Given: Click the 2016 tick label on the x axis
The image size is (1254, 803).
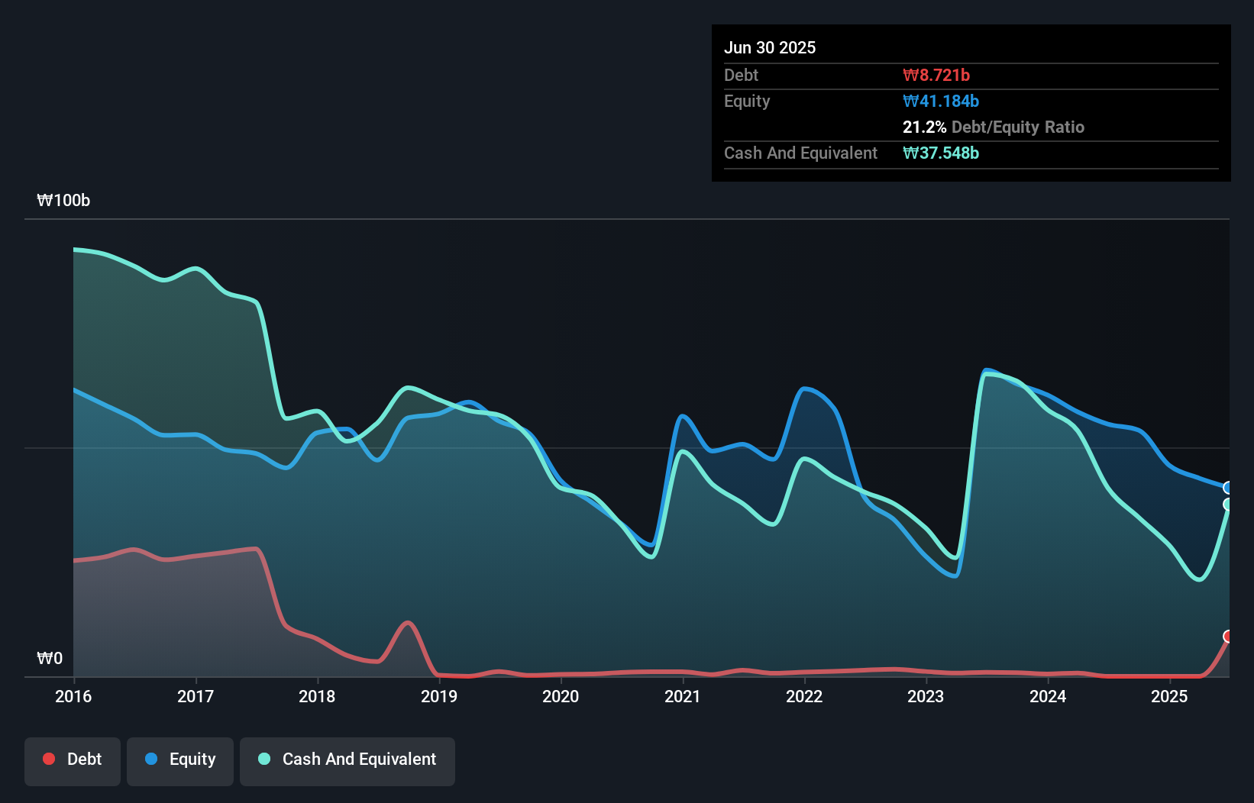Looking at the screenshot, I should click(x=73, y=696).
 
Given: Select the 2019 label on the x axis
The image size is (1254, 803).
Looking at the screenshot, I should click(x=439, y=696).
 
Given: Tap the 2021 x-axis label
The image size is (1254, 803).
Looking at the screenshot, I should click(x=682, y=696).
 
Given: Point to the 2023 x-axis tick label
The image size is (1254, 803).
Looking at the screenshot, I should click(x=926, y=696).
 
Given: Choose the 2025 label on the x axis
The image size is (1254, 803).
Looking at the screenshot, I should click(x=1169, y=696).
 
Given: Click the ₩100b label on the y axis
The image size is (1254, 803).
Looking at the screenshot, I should click(x=63, y=201).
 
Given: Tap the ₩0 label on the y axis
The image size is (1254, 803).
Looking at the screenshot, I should click(x=50, y=658).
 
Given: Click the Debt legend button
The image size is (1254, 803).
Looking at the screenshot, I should click(x=73, y=759).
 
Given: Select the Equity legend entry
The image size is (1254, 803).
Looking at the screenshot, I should click(x=180, y=759).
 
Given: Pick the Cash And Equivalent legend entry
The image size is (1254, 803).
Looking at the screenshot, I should click(x=347, y=759).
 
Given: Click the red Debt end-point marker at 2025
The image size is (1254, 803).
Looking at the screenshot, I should click(x=1228, y=637).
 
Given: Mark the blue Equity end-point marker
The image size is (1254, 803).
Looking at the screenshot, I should click(x=1228, y=488).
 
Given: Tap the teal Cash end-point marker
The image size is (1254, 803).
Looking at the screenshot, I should click(x=1228, y=505).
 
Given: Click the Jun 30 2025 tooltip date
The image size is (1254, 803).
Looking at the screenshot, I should click(x=770, y=47).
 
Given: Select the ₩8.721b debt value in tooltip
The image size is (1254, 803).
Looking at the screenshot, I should click(x=936, y=75).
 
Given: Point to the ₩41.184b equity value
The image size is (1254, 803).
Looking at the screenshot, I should click(x=941, y=101).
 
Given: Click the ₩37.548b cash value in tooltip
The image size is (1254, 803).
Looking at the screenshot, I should click(x=941, y=153).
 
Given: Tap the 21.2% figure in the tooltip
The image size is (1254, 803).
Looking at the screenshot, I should click(x=924, y=127).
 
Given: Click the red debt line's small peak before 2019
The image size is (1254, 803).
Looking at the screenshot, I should click(x=408, y=623).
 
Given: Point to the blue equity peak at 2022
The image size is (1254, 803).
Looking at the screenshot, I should click(x=805, y=389).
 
